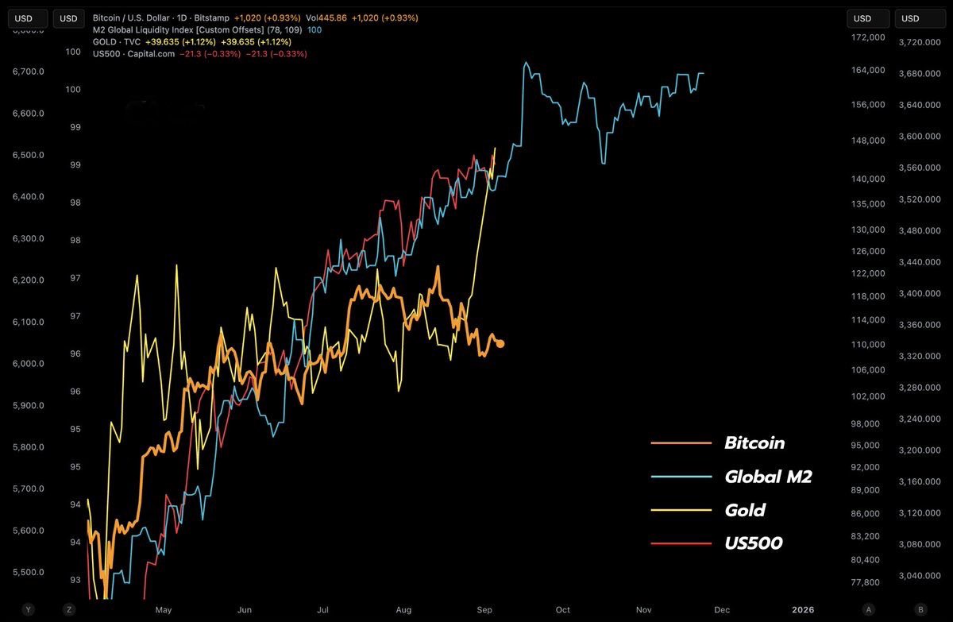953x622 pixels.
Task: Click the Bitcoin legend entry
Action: [x=754, y=443]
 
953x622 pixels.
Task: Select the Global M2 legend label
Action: [x=768, y=477]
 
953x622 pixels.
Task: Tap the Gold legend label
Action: [x=745, y=510]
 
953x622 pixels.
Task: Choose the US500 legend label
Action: [x=753, y=543]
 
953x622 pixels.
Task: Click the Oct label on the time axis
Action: [x=563, y=610]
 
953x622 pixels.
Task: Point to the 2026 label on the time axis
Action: [x=804, y=610]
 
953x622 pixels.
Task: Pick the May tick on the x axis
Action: [x=164, y=610]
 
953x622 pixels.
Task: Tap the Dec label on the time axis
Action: [x=722, y=610]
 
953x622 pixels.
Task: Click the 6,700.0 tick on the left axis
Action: [x=27, y=71]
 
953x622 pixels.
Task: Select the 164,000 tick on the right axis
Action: [x=867, y=71]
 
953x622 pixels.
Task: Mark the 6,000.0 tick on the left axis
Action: [x=27, y=364]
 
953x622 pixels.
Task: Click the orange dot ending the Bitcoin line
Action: [x=500, y=343]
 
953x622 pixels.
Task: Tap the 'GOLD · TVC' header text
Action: [x=116, y=41]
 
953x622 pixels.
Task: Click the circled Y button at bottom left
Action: [x=28, y=609]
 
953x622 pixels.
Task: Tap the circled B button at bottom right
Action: [x=920, y=609]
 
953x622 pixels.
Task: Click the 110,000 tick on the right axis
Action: [x=867, y=345]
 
